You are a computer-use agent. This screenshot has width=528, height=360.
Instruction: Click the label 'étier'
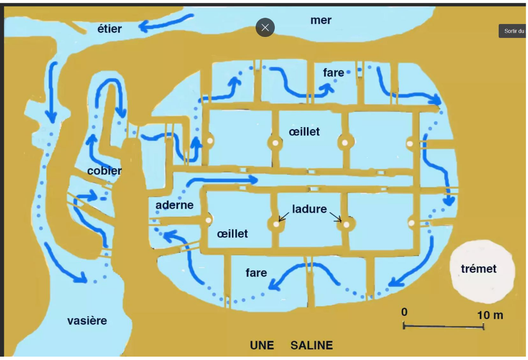tap(110, 29)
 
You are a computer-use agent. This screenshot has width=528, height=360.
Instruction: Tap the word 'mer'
tap(321, 20)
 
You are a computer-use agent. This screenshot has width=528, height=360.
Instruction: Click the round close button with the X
tap(265, 27)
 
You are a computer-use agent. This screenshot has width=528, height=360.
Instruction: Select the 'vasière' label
tap(87, 321)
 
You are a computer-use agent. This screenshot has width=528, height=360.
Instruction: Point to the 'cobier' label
tap(104, 171)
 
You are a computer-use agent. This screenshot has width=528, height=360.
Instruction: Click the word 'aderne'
tap(174, 205)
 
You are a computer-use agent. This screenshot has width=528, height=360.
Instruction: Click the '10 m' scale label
tap(490, 315)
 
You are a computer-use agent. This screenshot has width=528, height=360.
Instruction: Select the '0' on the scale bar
tap(405, 312)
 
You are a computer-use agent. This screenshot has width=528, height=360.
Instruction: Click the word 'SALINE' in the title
tap(311, 345)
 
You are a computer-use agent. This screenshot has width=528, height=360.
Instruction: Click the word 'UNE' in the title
tap(262, 345)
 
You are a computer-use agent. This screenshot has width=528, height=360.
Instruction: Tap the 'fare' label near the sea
tap(333, 72)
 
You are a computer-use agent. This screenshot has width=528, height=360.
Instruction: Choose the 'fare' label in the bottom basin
tap(256, 273)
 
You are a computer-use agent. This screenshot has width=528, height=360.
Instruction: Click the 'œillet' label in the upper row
tap(304, 132)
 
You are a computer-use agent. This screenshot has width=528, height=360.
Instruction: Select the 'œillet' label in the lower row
tap(233, 234)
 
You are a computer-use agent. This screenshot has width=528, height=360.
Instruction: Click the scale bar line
tap(443, 326)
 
